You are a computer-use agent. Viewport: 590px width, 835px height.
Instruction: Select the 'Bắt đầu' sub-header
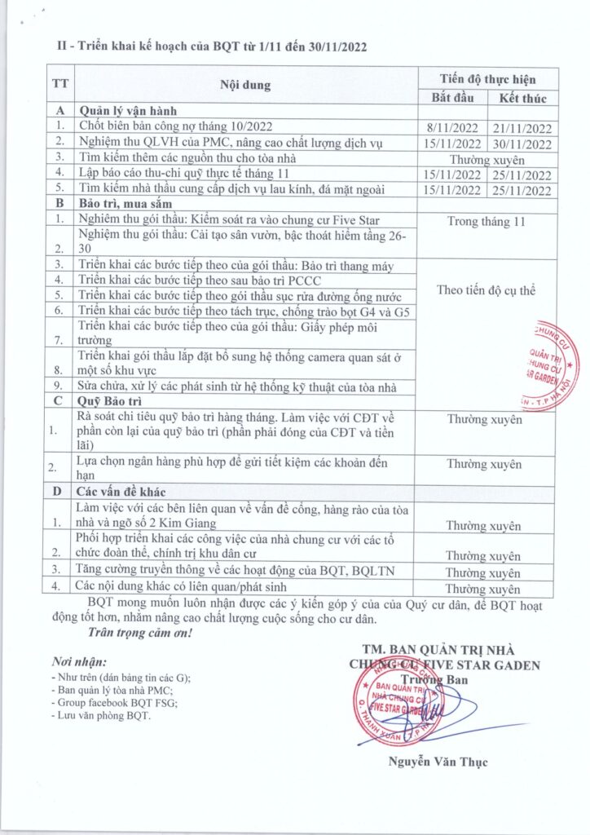tap(451, 98)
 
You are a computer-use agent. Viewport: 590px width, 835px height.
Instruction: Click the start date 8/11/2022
tap(451, 128)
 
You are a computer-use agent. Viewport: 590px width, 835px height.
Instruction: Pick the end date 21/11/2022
tap(522, 128)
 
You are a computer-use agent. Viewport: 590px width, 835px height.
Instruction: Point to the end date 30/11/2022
tap(522, 144)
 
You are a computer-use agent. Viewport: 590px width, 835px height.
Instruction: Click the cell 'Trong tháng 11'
tap(487, 221)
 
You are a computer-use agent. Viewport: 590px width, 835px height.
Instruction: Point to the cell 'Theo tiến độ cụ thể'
tap(487, 291)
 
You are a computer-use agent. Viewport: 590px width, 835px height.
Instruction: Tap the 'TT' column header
tap(59, 85)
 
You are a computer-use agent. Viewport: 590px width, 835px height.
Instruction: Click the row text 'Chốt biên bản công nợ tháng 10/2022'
tap(180, 126)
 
